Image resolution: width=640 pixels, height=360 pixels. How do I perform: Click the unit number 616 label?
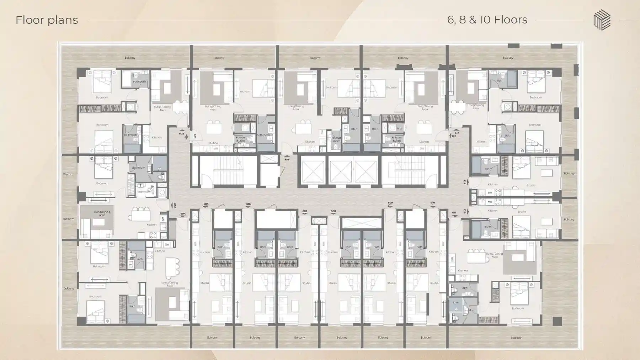(x=287, y=159)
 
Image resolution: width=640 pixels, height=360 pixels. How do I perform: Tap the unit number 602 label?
(x=181, y=134)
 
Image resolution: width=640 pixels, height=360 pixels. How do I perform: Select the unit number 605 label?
(x=206, y=204)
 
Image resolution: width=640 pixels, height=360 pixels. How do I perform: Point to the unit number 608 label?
(x=333, y=211)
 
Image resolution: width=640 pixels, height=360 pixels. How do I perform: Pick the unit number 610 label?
(x=432, y=203)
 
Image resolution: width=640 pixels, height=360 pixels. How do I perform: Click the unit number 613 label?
(x=465, y=182)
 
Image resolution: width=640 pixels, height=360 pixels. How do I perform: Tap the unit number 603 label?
(x=174, y=206)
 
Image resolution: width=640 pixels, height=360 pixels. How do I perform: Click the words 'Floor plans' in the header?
(x=47, y=20)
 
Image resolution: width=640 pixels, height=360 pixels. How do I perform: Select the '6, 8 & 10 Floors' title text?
(x=487, y=20)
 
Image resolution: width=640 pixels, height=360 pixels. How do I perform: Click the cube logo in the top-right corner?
(x=602, y=20)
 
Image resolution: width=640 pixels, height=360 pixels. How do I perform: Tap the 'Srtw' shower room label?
(x=456, y=303)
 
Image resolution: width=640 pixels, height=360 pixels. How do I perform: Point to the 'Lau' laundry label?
(x=399, y=128)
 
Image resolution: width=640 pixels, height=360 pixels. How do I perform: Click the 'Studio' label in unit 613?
(x=531, y=185)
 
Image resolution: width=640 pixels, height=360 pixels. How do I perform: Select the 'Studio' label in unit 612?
(x=522, y=212)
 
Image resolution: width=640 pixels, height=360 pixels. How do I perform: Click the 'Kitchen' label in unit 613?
(x=492, y=184)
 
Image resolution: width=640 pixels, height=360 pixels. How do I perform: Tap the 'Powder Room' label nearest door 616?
(x=336, y=139)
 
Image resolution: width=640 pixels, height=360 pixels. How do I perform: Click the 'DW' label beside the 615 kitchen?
(x=422, y=148)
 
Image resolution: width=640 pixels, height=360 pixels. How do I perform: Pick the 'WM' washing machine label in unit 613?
(x=490, y=193)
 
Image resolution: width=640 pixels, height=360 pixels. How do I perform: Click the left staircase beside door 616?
(x=228, y=171)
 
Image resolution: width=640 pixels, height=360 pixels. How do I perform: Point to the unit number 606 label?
(x=248, y=204)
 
